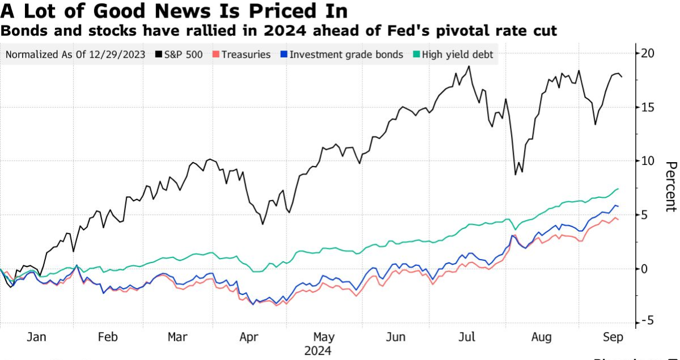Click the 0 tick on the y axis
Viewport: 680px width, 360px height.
pyautogui.click(x=645, y=269)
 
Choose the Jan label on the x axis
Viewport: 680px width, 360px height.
pyautogui.click(x=37, y=337)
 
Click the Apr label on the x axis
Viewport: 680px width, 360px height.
pyautogui.click(x=250, y=337)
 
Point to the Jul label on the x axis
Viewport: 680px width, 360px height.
pyautogui.click(x=467, y=337)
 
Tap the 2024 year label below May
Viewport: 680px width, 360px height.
pyautogui.click(x=318, y=351)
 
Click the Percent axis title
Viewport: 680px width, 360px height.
pyautogui.click(x=670, y=187)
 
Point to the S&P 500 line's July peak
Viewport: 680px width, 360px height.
pyautogui.click(x=468, y=66)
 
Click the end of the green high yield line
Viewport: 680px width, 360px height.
pyautogui.click(x=618, y=189)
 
